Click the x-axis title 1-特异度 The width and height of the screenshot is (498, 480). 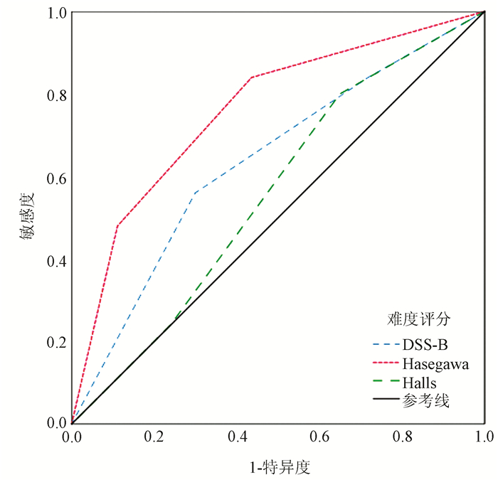pos(279,466)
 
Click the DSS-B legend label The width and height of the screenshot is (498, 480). pos(425,346)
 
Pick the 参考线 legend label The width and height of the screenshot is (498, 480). pos(425,402)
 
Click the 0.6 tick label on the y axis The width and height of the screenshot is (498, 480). pos(55,178)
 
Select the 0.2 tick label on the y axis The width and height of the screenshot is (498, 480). pos(55,342)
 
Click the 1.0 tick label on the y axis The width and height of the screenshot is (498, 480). pos(55,14)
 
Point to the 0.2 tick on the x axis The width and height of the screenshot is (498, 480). pos(155,435)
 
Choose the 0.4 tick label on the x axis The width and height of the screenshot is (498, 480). pos(238,435)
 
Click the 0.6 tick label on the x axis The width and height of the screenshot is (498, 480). pos(320,435)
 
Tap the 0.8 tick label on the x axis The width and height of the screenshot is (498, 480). pos(403,435)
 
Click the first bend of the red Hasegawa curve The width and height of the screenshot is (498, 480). pos(117,226)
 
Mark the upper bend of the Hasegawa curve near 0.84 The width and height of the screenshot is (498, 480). pos(251,78)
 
